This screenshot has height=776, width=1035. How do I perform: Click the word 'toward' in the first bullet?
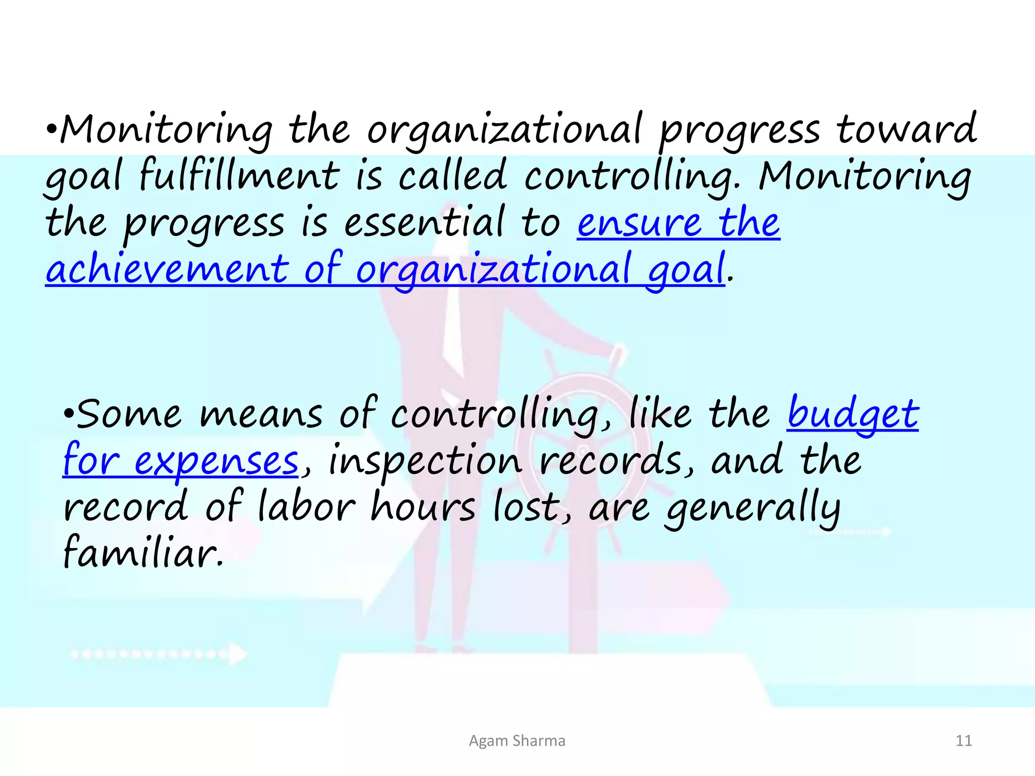click(906, 130)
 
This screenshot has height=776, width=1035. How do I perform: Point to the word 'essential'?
click(424, 222)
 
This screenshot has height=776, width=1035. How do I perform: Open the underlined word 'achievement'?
click(167, 269)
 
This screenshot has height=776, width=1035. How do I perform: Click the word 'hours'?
click(423, 507)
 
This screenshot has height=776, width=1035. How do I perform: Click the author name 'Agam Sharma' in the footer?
click(517, 741)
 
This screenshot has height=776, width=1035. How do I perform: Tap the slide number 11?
click(964, 741)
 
